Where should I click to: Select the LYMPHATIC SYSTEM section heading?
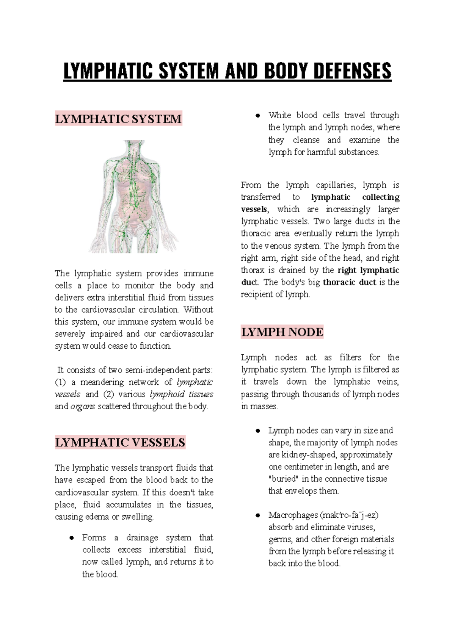[x=118, y=119]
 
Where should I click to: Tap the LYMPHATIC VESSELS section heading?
[x=120, y=442]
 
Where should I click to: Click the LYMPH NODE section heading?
[x=282, y=332]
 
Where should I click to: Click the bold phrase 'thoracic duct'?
[x=349, y=282]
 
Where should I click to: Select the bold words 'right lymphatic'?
[x=368, y=270]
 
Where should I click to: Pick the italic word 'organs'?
[x=83, y=407]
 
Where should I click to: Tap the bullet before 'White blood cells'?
[x=258, y=115]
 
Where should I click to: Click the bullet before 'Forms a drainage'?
[x=71, y=538]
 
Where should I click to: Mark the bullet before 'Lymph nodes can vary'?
[x=258, y=431]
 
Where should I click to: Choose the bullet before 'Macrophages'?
[x=258, y=515]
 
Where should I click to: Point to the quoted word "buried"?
[x=283, y=479]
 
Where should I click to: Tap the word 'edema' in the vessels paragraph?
[x=97, y=517]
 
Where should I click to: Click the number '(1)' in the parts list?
[x=61, y=382]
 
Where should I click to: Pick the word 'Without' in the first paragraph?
[x=198, y=310]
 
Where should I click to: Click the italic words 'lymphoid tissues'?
[x=181, y=395]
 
